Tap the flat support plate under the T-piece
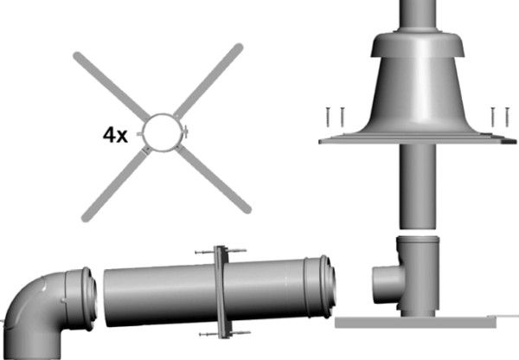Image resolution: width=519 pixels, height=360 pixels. click(x=424, y=321)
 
